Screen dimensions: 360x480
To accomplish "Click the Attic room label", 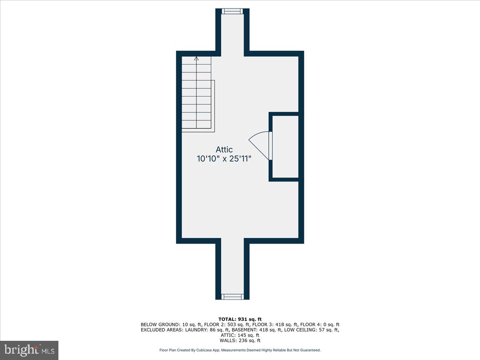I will pos(224,150).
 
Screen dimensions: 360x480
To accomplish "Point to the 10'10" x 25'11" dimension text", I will pos(224,159).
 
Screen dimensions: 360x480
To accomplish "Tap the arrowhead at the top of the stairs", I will pos(196,59).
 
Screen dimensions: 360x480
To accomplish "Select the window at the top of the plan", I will pos(233,11).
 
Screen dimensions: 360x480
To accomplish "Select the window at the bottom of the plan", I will pos(233,296).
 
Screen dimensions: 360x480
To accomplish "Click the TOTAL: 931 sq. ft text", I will pos(240,319).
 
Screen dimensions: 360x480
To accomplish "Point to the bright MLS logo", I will pos(29,350).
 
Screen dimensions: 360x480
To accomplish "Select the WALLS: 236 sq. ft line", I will pos(240,341).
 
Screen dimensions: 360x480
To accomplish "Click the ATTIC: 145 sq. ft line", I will pos(240,335).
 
